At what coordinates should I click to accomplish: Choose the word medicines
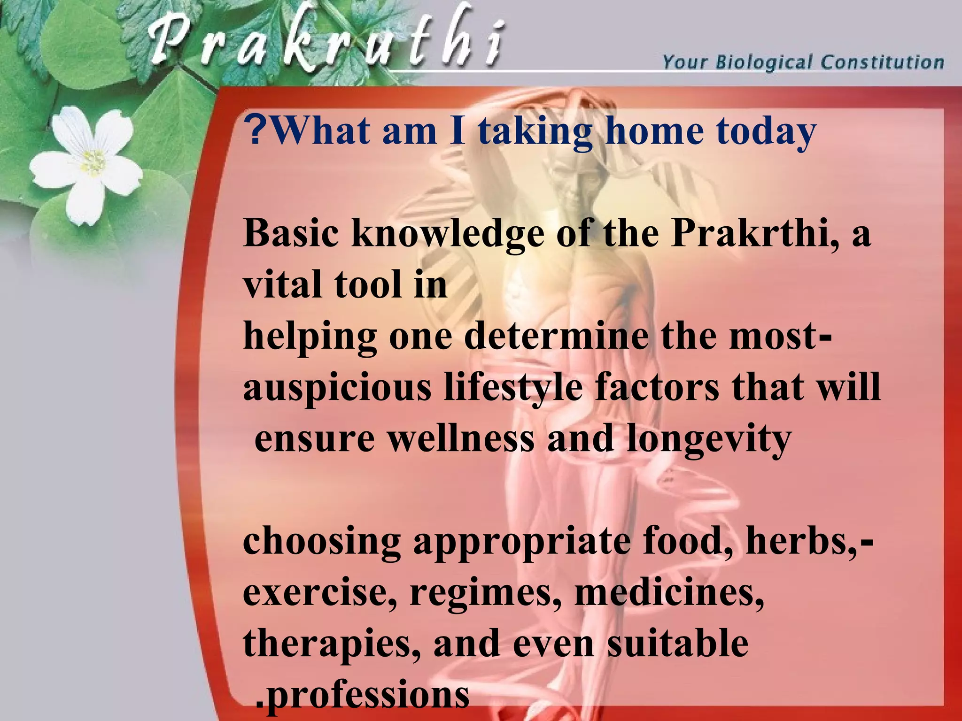(669, 593)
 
